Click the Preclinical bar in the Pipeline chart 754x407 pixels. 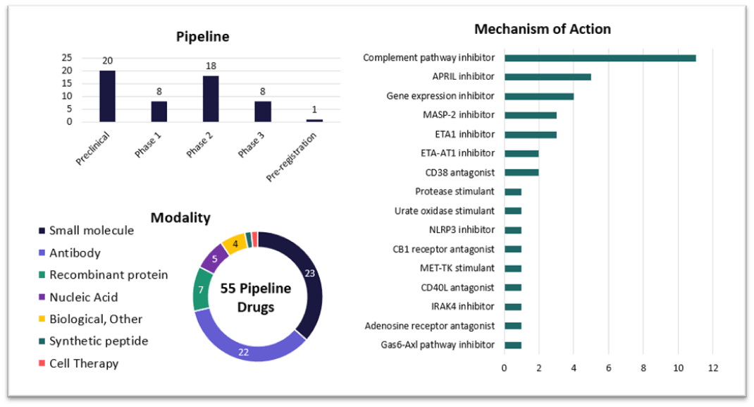tap(107, 97)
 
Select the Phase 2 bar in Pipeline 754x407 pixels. tap(211, 99)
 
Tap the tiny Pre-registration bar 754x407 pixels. tap(314, 121)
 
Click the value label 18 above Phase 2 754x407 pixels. tap(211, 66)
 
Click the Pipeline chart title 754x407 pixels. tap(202, 37)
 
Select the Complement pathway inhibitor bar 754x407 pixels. tap(600, 58)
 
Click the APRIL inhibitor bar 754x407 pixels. tap(548, 77)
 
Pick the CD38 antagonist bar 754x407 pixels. tap(521, 172)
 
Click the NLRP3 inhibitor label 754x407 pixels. tap(461, 230)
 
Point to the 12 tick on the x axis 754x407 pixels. tap(712, 367)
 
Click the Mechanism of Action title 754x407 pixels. tap(542, 29)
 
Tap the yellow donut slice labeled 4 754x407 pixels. tap(233, 244)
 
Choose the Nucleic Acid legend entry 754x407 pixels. tap(83, 297)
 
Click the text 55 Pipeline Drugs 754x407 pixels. tap(255, 298)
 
